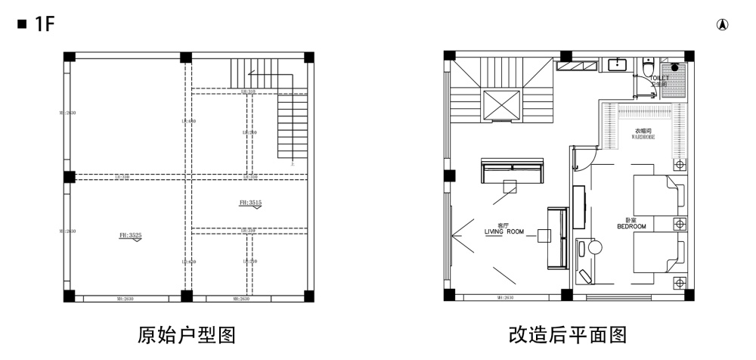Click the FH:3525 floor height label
[130, 236]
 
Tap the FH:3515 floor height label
[250, 203]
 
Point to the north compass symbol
[723, 25]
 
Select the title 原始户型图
[187, 334]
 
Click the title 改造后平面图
[568, 334]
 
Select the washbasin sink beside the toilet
[618, 64]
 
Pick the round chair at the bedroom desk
[594, 247]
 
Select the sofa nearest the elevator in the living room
[513, 171]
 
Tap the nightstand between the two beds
[679, 224]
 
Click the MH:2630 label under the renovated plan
[505, 298]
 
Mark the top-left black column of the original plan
[69, 57]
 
